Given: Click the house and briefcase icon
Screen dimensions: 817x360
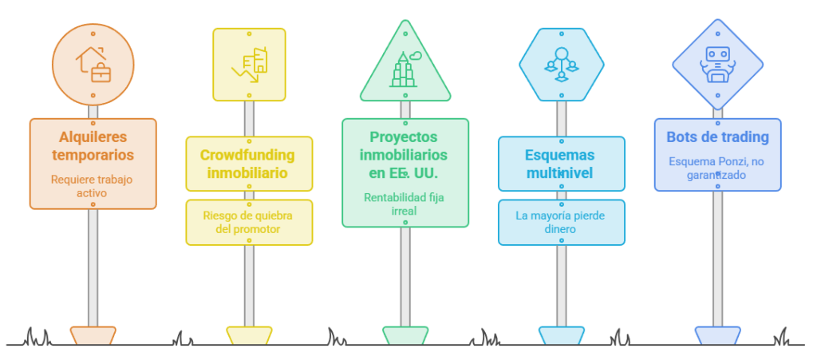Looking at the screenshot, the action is click(x=93, y=64).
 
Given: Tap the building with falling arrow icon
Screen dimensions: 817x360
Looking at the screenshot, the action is click(x=249, y=65).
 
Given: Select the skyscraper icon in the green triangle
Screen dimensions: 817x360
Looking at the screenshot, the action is click(x=405, y=69).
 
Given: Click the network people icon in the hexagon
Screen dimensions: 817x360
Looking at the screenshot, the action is click(x=561, y=65).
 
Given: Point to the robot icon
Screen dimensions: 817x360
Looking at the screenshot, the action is click(x=717, y=65).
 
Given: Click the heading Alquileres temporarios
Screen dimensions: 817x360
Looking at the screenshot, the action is click(x=93, y=146).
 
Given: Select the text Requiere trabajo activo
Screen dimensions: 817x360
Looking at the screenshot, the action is click(x=92, y=186).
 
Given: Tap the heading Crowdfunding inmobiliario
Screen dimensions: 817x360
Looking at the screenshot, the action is click(x=247, y=164).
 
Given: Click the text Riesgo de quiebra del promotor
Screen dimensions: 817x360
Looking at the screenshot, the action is click(x=247, y=222).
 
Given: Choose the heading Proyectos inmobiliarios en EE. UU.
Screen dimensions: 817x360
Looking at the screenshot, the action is click(x=404, y=155).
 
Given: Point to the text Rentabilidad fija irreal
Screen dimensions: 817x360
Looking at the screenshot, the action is click(x=404, y=204).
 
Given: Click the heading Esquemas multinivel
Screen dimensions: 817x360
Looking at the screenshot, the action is click(x=559, y=164).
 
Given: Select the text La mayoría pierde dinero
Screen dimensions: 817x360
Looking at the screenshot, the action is click(x=560, y=222).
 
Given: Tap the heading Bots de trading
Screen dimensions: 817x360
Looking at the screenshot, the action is click(x=717, y=137).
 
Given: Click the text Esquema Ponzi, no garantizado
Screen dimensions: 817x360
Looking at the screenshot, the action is click(x=716, y=168).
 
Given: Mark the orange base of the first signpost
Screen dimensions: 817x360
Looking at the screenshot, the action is click(x=93, y=335).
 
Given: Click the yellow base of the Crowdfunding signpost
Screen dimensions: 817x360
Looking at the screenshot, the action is click(x=249, y=335).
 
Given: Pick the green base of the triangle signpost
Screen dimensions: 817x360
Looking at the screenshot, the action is click(x=405, y=335).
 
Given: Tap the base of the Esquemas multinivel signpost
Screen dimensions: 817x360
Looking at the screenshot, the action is click(x=561, y=335).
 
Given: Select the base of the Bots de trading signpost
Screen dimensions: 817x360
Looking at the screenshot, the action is click(x=717, y=335).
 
